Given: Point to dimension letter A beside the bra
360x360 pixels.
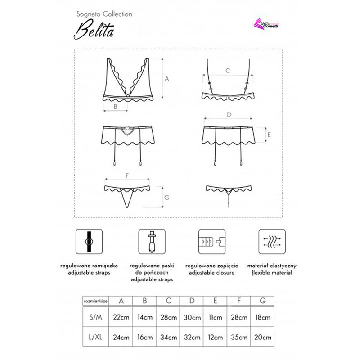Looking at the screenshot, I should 166,78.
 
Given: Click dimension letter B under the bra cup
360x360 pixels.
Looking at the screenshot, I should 115,107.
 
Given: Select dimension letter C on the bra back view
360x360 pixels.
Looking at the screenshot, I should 228,71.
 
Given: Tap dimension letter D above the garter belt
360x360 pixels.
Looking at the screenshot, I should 229,115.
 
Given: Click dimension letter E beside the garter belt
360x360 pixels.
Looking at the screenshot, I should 269,134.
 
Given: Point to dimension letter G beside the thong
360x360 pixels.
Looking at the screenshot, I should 166,197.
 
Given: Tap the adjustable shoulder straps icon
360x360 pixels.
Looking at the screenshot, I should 88,243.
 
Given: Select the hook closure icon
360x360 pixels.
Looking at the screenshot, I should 211,243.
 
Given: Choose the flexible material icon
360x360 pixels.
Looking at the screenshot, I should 271,243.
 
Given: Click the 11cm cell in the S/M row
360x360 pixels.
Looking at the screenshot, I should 215,317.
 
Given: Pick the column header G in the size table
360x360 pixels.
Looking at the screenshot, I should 262,301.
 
